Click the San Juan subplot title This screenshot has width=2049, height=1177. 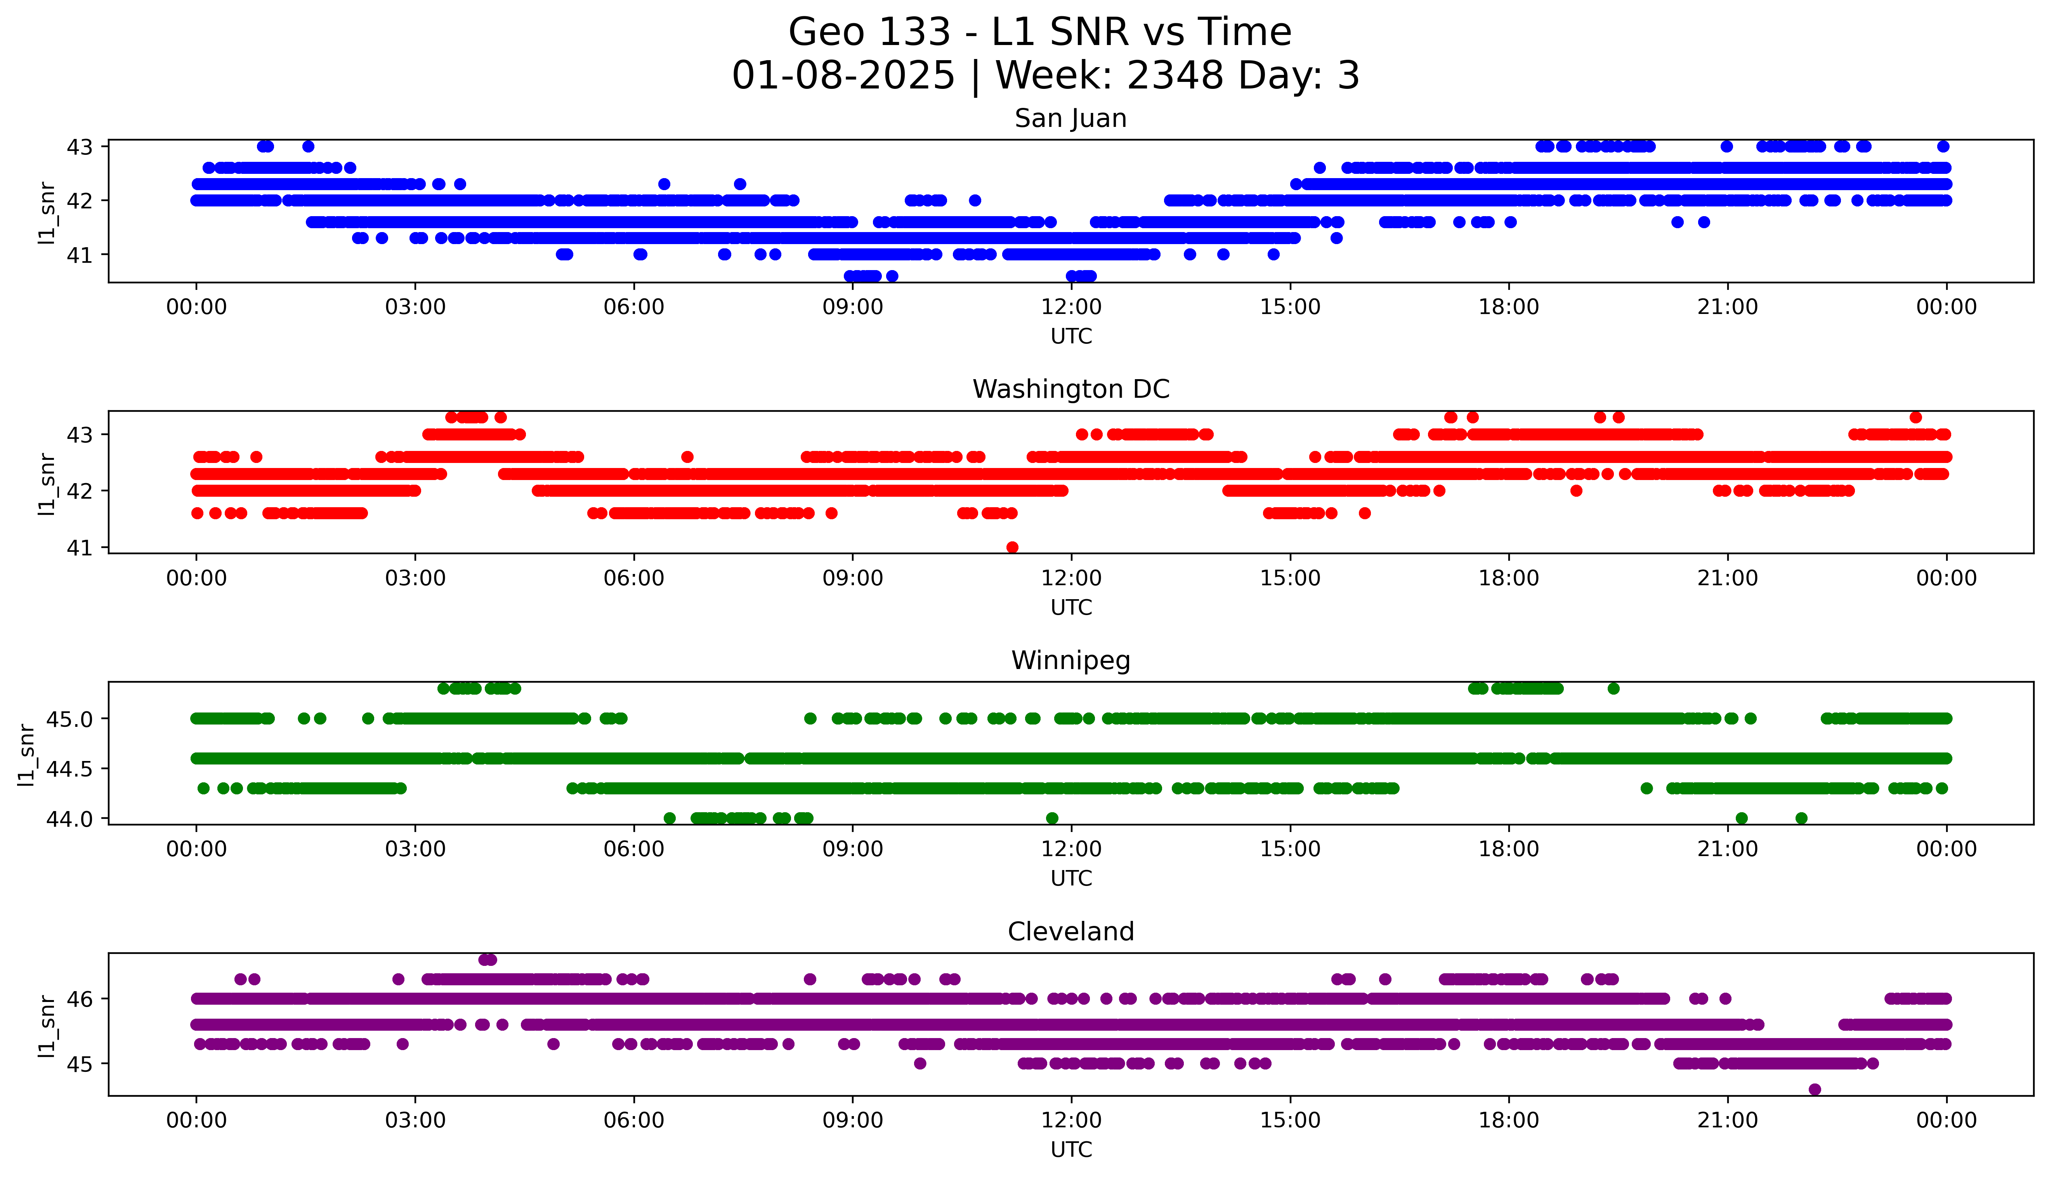point(1070,119)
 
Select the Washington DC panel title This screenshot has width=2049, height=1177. point(1070,390)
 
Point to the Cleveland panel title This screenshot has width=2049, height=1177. point(1070,932)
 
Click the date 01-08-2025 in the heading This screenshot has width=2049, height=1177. point(843,76)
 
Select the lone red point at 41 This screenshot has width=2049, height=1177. point(1012,547)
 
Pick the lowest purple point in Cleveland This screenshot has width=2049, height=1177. point(1815,1089)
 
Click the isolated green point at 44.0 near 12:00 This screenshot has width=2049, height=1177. point(1051,818)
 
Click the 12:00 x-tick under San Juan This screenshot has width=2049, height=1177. point(1071,307)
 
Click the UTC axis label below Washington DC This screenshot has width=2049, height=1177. point(1071,607)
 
